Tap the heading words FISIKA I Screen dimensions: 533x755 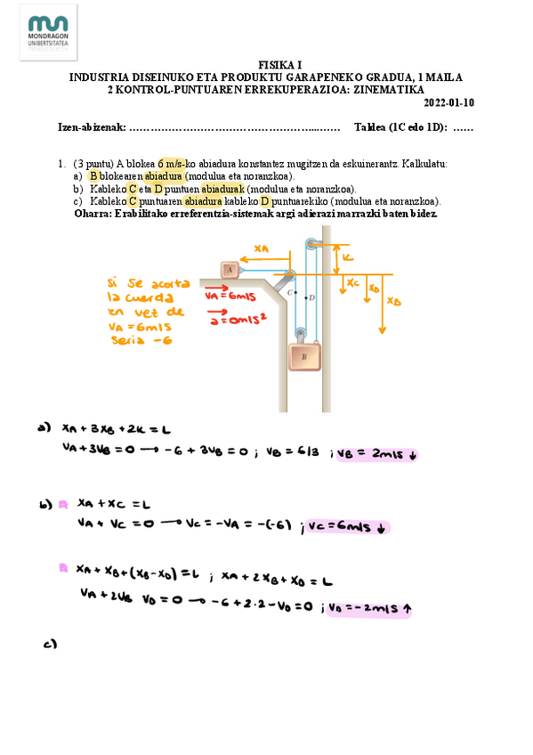[280, 65]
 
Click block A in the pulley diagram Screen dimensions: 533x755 [230, 268]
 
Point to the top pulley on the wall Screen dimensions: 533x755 [310, 243]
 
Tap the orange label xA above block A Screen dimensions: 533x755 [261, 248]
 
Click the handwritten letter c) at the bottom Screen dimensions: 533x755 [50, 645]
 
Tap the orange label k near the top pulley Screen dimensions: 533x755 [348, 257]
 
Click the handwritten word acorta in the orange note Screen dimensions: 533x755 [169, 282]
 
